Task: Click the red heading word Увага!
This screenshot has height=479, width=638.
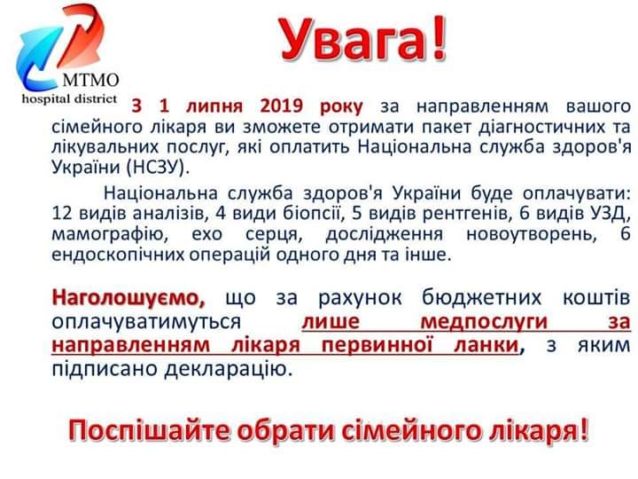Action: tap(364, 40)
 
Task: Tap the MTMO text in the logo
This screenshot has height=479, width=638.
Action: tap(90, 80)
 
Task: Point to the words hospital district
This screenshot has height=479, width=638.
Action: tap(69, 98)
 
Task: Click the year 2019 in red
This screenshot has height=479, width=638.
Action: tap(282, 106)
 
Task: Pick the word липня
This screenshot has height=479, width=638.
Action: tap(214, 106)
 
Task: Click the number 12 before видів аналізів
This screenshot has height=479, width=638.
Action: tap(62, 213)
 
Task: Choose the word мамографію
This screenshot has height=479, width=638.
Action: tap(107, 234)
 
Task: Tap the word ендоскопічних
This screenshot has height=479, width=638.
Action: tap(118, 255)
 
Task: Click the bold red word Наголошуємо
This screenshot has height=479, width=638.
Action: tap(128, 298)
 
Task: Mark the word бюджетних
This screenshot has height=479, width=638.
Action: tap(481, 298)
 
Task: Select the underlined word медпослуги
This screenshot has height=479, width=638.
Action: tap(484, 322)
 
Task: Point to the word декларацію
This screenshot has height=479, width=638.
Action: tap(229, 369)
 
